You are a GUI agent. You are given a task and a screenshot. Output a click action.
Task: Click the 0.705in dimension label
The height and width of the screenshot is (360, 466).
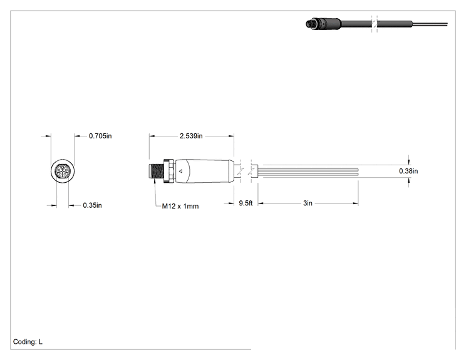100,136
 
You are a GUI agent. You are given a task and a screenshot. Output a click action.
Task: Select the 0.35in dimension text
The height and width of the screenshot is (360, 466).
92,205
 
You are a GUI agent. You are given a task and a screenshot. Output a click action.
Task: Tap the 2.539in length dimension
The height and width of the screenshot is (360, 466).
191,136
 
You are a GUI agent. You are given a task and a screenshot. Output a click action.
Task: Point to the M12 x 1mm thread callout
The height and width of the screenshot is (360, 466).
180,206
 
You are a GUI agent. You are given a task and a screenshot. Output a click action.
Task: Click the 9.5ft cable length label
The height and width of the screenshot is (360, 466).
246,203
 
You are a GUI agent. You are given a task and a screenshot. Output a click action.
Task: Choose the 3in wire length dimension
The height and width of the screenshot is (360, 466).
308,203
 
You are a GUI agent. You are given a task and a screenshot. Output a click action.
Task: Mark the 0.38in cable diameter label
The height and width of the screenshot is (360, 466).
408,171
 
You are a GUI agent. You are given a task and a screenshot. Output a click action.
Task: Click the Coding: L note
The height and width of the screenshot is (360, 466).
28,342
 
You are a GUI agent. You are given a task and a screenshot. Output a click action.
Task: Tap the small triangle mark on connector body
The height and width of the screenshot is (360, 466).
180,171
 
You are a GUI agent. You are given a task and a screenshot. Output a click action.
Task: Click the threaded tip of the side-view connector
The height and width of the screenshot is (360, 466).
156,172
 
